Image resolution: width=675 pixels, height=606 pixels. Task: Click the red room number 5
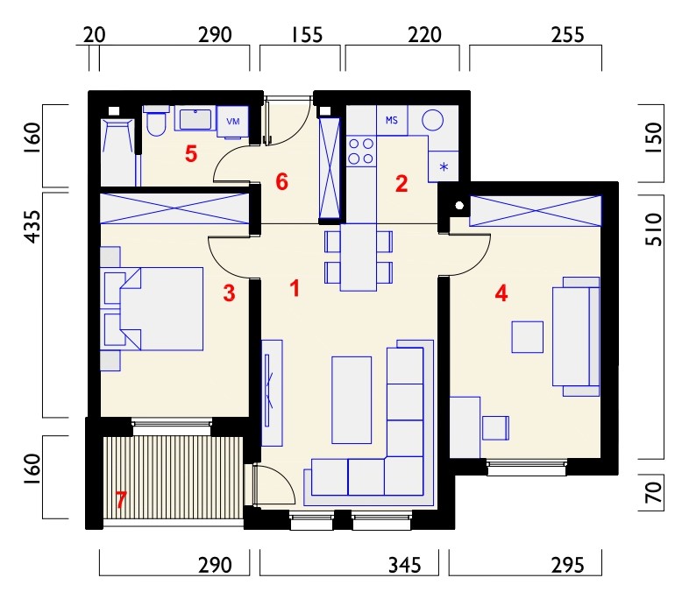point(191,153)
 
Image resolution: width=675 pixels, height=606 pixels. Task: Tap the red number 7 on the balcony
point(121,500)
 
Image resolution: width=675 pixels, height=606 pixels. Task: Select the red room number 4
point(501,293)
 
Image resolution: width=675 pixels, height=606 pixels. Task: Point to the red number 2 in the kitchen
point(401,184)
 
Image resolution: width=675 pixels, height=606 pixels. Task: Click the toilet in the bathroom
point(155,121)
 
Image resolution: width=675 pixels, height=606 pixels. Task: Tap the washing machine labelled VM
point(232,122)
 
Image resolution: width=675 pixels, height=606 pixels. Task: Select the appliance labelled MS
point(392,121)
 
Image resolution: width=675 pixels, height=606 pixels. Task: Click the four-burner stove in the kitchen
point(361,151)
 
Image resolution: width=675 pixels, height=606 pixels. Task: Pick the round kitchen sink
point(432,120)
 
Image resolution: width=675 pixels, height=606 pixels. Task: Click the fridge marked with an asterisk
point(444,166)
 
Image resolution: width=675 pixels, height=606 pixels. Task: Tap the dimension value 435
point(32,227)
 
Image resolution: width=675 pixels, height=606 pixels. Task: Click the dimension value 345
point(405,565)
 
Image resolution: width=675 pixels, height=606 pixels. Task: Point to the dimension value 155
point(307,35)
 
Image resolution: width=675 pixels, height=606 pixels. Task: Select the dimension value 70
point(653,492)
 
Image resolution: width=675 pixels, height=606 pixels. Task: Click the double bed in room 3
point(152,309)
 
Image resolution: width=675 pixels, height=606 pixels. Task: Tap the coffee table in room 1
point(352,399)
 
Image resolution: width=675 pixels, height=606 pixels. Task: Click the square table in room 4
point(528,337)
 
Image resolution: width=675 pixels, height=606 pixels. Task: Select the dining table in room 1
point(359,257)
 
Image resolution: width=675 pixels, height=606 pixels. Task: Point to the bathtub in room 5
point(117,152)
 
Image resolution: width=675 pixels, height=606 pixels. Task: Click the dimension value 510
point(653,229)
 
